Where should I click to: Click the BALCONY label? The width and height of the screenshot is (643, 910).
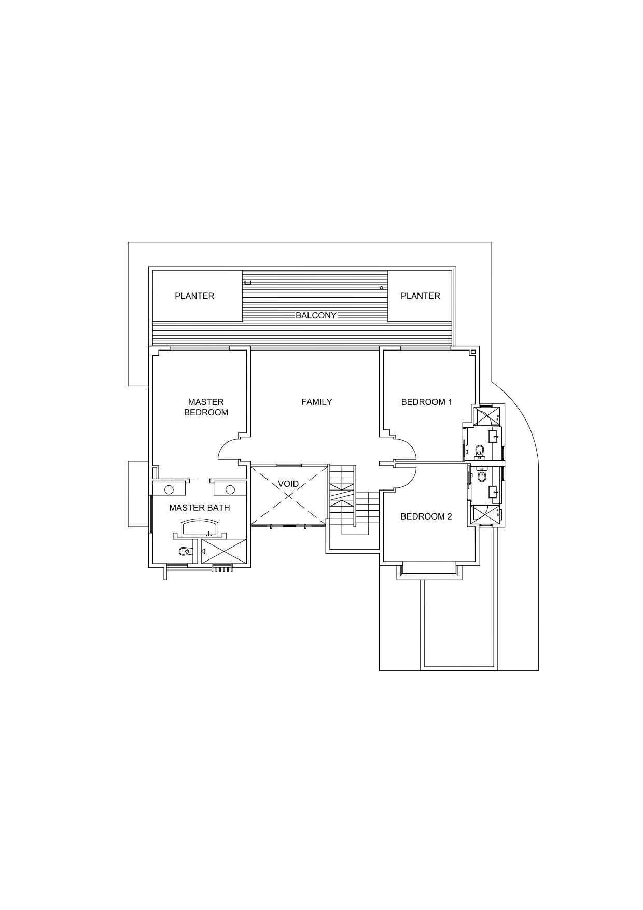click(316, 315)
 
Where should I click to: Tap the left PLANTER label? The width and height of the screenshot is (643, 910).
click(194, 296)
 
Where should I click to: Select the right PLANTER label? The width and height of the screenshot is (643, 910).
click(421, 296)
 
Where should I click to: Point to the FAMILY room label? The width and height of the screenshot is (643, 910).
click(317, 402)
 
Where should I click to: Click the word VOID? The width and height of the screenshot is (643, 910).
click(288, 484)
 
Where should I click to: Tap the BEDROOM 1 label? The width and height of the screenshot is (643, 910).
click(427, 402)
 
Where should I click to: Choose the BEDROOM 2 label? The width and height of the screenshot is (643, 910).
click(426, 516)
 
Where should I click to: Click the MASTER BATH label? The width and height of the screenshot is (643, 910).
click(200, 508)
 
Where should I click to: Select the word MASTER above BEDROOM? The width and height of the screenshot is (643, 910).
click(206, 402)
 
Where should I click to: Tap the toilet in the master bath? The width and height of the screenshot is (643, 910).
click(184, 551)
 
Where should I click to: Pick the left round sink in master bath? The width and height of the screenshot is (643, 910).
click(169, 489)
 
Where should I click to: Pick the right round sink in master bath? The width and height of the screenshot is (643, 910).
click(230, 489)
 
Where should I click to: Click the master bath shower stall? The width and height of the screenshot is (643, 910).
click(224, 550)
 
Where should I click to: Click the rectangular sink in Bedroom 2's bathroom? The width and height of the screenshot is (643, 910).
click(493, 491)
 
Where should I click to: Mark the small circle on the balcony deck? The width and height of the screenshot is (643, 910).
click(381, 288)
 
